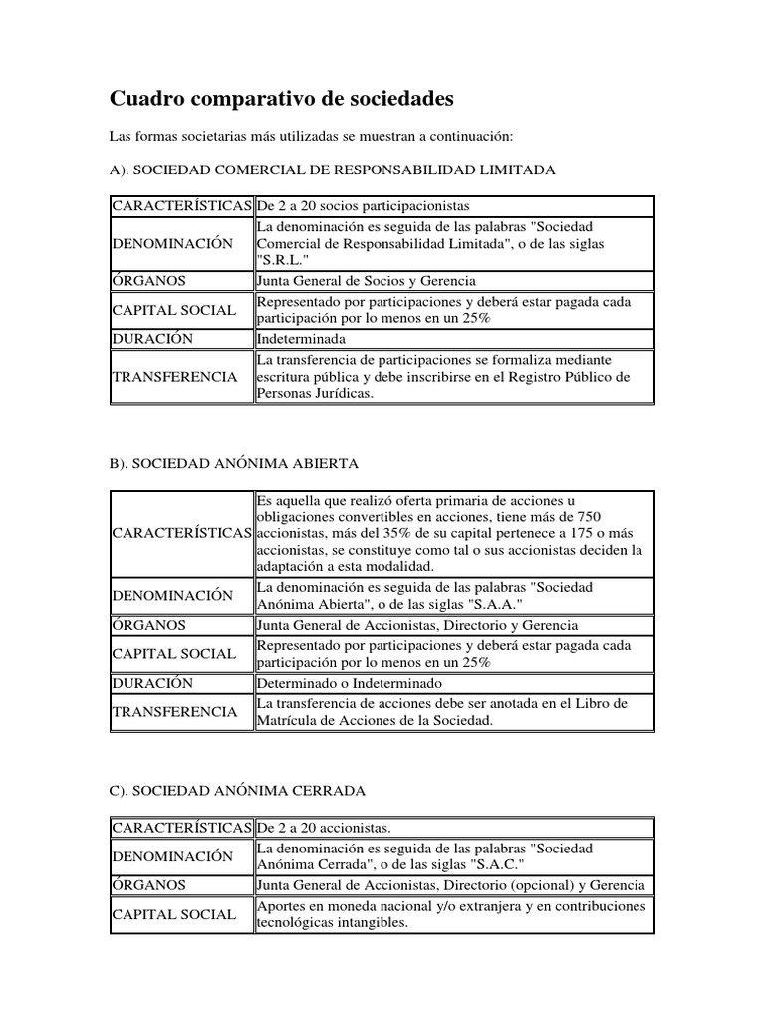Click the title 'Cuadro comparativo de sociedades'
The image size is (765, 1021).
(281, 99)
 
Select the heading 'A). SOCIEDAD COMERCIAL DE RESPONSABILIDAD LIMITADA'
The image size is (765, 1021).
(333, 170)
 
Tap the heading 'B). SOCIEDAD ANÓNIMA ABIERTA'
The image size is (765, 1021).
(234, 464)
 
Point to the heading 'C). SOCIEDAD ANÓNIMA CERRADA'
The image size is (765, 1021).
(237, 791)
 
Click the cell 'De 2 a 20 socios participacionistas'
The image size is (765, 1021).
(363, 206)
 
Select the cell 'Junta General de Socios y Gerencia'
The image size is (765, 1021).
(367, 281)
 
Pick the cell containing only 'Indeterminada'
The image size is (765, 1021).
(299, 338)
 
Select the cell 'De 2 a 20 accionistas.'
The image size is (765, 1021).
(325, 828)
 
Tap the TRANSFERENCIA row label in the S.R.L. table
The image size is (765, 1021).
(174, 377)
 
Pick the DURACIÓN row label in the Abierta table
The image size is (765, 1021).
(152, 684)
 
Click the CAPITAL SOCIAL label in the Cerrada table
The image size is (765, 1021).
(173, 914)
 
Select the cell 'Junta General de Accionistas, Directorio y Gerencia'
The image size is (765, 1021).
(416, 626)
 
